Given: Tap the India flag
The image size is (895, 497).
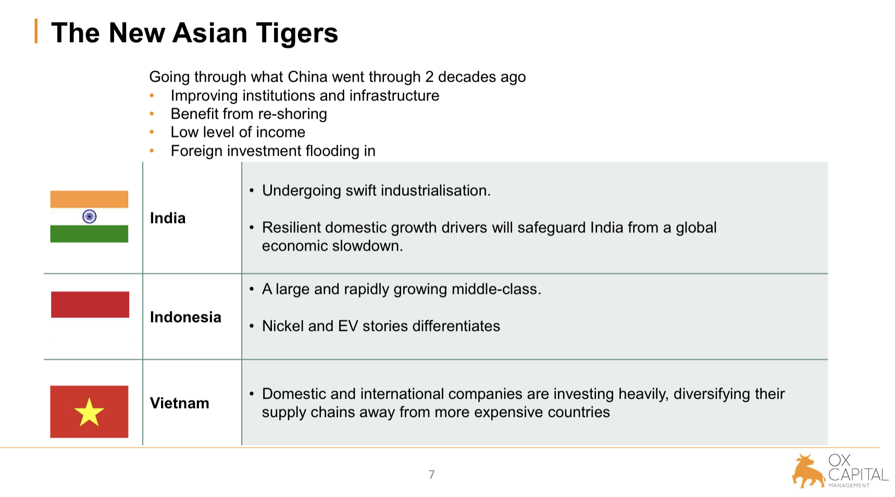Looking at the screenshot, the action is tap(89, 216).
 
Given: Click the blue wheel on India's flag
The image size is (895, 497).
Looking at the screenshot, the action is tap(90, 216).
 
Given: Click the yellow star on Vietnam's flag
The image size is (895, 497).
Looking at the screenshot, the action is tap(89, 412).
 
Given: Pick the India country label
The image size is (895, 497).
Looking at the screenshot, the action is tap(168, 218).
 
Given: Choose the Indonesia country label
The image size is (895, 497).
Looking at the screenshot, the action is tap(185, 317).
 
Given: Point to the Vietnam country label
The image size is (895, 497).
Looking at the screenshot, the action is tap(180, 403).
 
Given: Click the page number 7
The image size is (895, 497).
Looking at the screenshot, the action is tap(431, 474).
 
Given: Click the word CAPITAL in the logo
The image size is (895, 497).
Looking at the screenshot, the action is tap(858, 475).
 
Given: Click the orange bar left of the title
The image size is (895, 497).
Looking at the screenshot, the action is tap(36, 31).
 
